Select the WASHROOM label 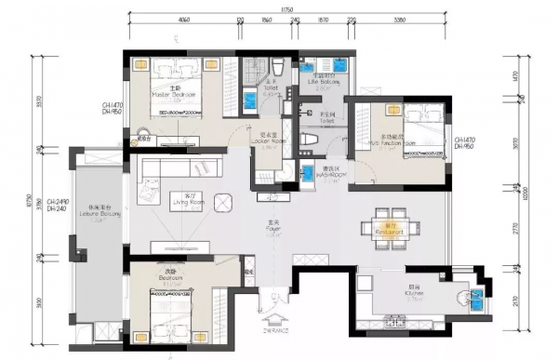pyautogui.click(x=330, y=175)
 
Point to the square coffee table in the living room pyautogui.click(x=223, y=203)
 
